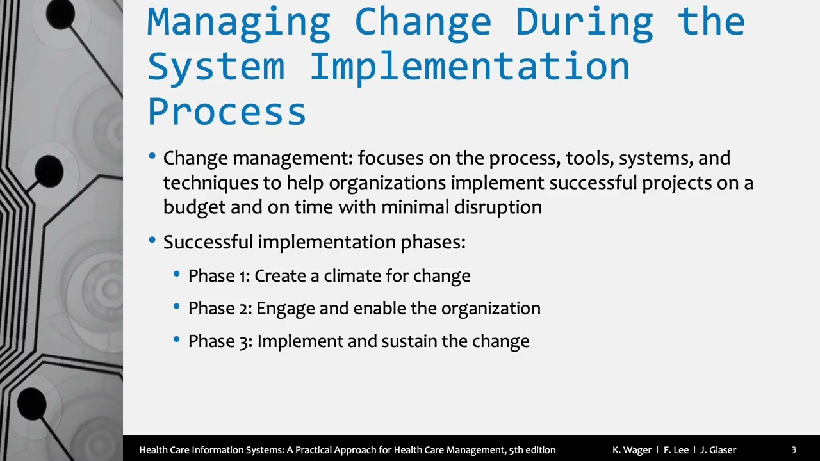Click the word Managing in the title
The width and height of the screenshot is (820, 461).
[238, 22]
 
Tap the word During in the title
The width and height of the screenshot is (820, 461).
[584, 22]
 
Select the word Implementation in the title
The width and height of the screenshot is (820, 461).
[470, 67]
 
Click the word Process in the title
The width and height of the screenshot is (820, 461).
[227, 111]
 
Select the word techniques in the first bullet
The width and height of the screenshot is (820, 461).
[210, 182]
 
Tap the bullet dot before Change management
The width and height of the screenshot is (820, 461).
[152, 156]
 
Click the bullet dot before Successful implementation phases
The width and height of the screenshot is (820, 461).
[152, 241]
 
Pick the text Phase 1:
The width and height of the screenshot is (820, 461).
[218, 276]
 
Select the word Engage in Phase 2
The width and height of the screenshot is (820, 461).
[286, 309]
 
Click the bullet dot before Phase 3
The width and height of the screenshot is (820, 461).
[177, 340]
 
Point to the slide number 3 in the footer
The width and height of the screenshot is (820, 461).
[794, 450]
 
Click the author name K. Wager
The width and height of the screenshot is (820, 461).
[632, 450]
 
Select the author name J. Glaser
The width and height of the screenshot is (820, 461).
[718, 450]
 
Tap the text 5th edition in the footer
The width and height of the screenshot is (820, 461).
[532, 450]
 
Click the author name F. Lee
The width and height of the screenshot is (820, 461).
[676, 450]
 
